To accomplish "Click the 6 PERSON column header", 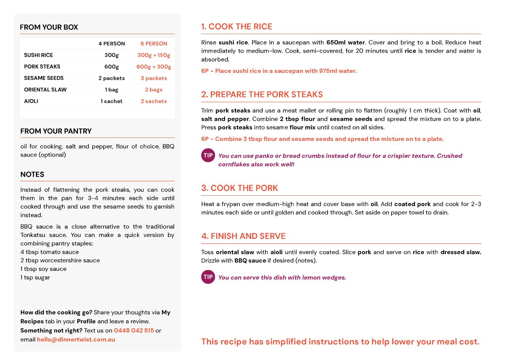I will (154, 44).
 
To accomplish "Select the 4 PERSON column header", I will (111, 44).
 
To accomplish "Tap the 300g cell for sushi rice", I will (111, 55).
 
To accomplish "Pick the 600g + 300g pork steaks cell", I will (154, 67).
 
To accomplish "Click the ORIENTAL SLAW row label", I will (45, 90).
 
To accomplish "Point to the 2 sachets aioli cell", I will (154, 101).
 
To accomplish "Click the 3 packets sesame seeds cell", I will (154, 78).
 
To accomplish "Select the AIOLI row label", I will (31, 101).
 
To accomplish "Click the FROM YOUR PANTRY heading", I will (56, 131).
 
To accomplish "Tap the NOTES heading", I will (32, 175).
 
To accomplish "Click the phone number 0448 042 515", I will (134, 331).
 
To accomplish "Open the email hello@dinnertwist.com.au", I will (76, 340).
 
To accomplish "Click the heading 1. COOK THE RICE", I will (237, 26).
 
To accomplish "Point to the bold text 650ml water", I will (345, 42).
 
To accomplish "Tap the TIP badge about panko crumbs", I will (208, 155).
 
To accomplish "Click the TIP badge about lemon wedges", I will (208, 277).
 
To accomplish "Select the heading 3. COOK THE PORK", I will (239, 188).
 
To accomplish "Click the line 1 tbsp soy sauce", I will (44, 269).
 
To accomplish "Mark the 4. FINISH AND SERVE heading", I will (243, 236).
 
